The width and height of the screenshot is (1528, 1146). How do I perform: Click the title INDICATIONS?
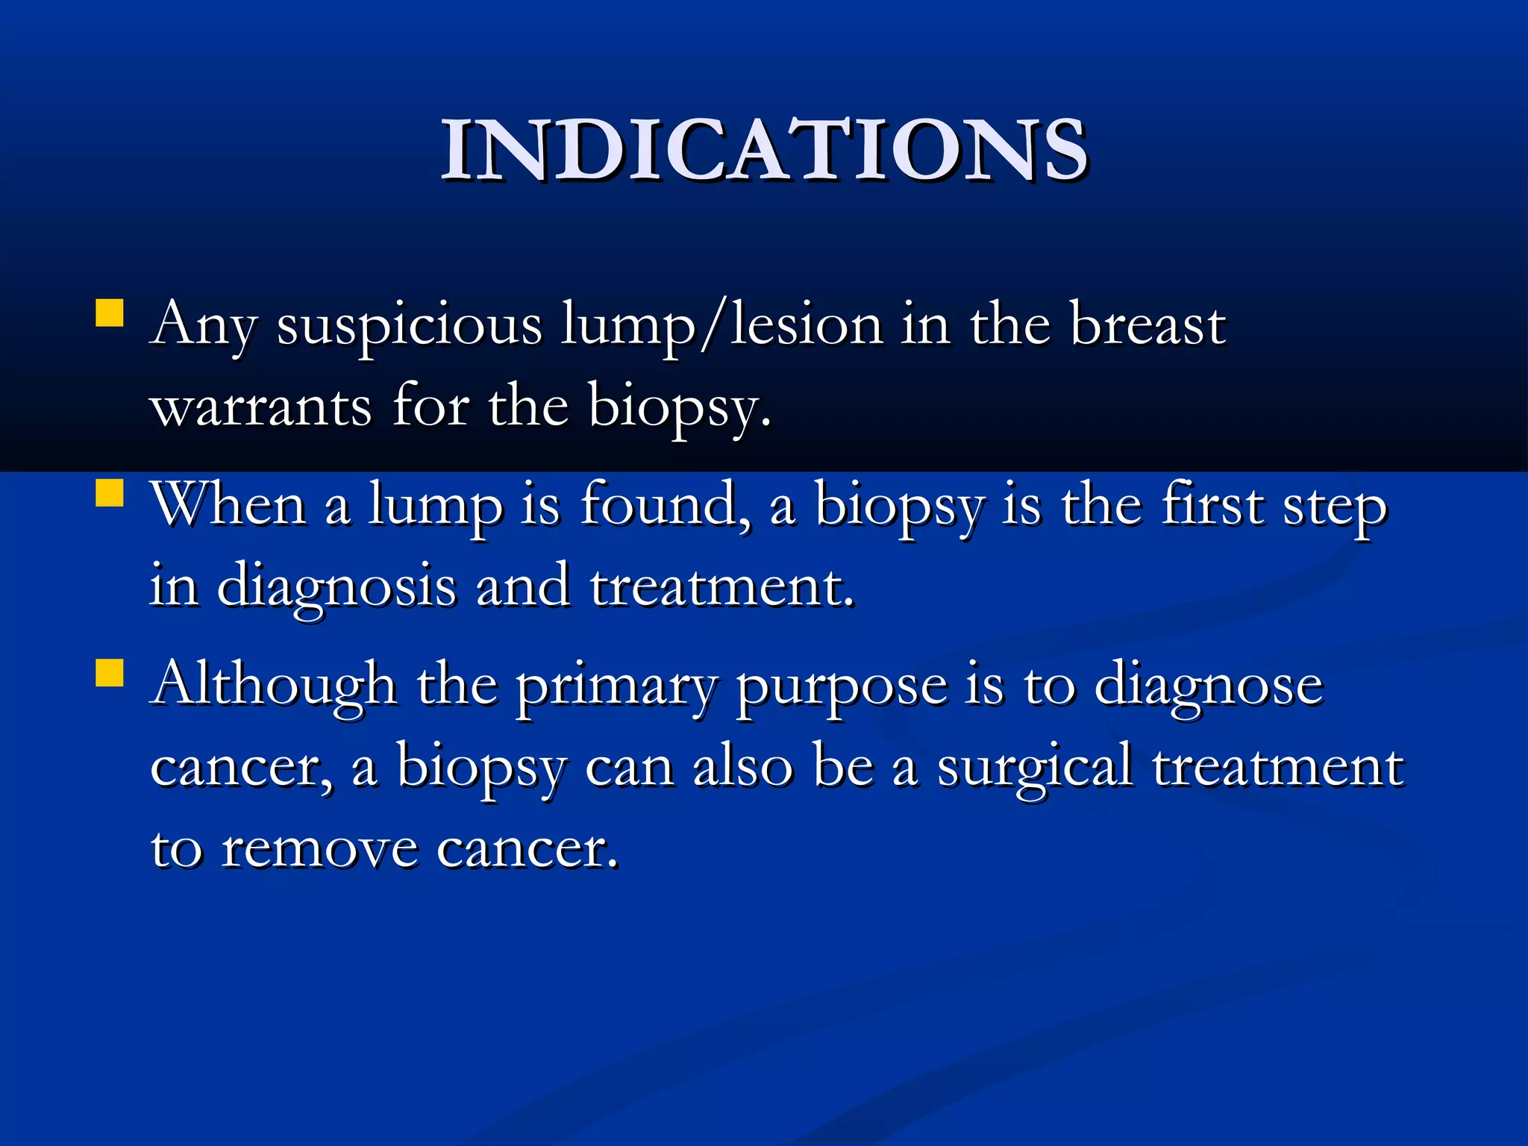[764, 151]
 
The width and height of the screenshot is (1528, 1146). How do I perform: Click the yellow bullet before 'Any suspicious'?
[110, 313]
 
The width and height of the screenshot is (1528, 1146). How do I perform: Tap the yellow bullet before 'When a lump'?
[110, 492]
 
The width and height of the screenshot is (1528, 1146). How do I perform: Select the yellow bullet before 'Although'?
[110, 671]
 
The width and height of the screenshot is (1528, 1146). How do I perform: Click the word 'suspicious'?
[409, 327]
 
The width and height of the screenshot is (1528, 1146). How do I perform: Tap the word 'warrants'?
[261, 407]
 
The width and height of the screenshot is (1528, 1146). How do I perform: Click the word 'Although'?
[273, 683]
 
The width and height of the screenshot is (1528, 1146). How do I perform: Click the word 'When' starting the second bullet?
[228, 504]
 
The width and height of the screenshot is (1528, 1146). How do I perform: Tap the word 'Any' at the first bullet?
[203, 327]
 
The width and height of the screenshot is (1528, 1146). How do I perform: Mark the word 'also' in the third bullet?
[742, 767]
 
